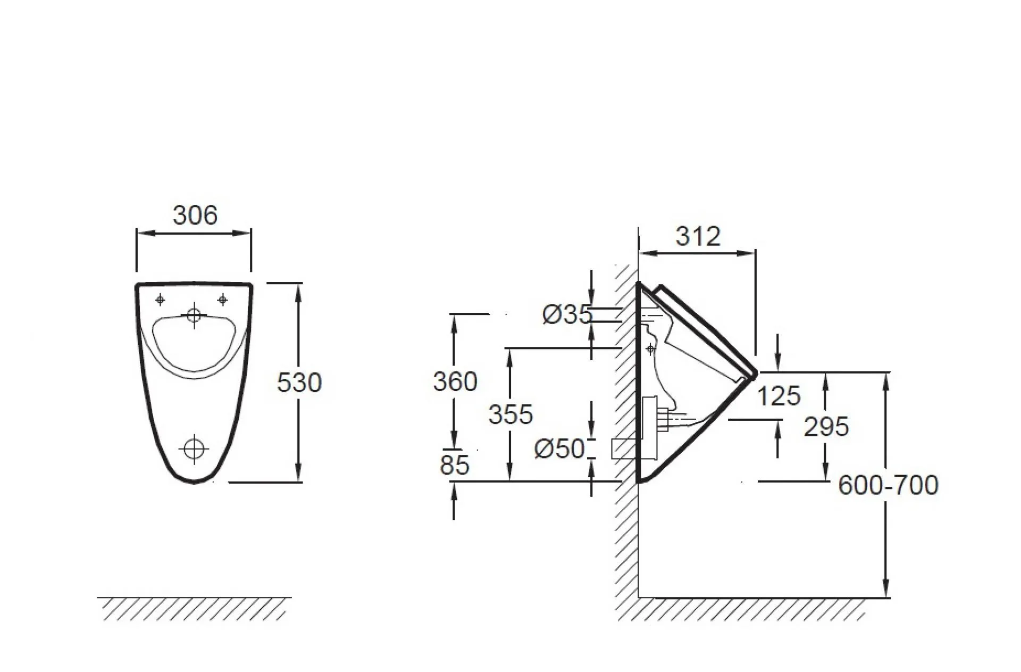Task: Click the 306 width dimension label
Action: pos(195,215)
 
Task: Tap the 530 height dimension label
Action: pos(299,383)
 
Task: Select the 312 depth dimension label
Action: pos(698,236)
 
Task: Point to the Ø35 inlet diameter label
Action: pos(567,314)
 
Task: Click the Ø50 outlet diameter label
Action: pos(559,449)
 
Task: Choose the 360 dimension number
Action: pos(455,381)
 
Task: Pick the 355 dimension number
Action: pos(510,414)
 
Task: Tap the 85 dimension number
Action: pos(455,465)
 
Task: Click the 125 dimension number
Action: pos(779,396)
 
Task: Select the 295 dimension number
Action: pos(826,427)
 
